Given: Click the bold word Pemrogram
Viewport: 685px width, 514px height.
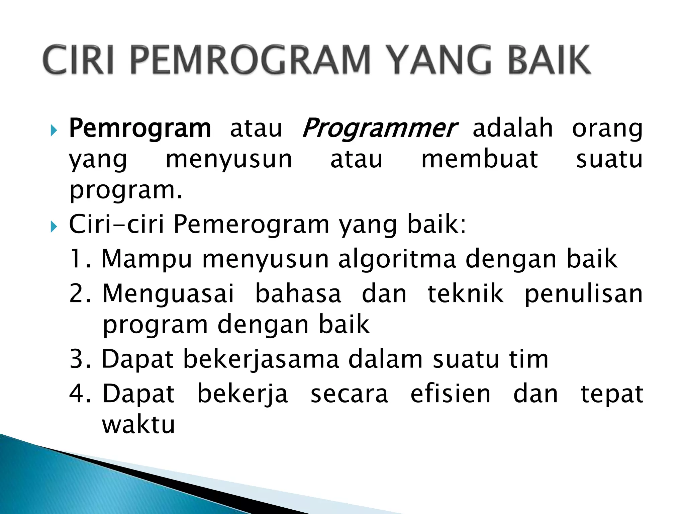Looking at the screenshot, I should [x=140, y=128].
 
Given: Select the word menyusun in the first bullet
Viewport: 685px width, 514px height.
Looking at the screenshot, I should [x=229, y=160].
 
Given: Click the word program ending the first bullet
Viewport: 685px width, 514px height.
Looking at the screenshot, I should [x=125, y=191].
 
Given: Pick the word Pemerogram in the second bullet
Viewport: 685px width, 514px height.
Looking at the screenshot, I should [x=252, y=224].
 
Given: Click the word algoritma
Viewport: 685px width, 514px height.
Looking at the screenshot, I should [x=397, y=259].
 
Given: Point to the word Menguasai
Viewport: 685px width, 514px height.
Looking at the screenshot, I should [x=168, y=294].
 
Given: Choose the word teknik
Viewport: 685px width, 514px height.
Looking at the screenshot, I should [x=465, y=293].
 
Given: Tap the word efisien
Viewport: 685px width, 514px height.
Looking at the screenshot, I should [x=450, y=394].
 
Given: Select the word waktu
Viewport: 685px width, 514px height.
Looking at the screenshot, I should [x=138, y=425].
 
